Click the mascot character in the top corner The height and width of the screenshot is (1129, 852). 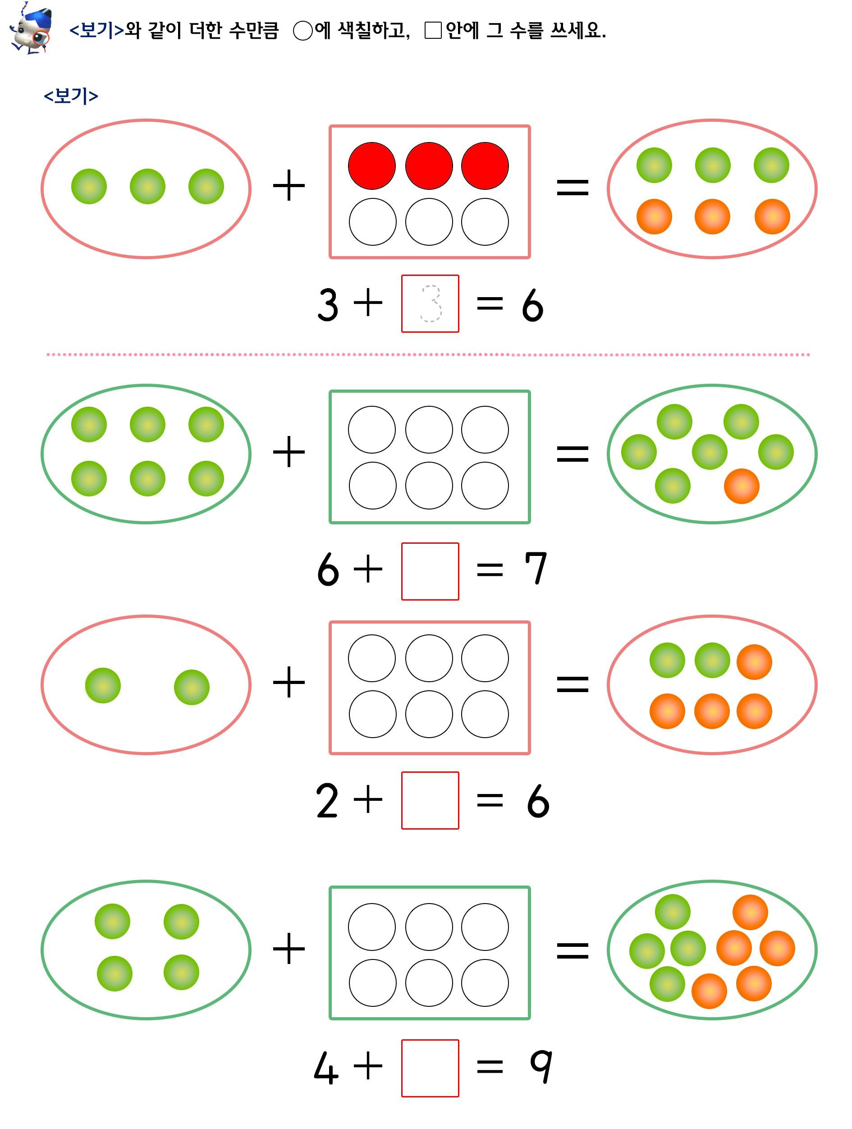tap(31, 28)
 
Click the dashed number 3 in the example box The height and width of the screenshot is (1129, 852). tap(431, 304)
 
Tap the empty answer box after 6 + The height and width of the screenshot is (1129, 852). tap(430, 571)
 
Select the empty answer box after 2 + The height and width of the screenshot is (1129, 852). tap(430, 800)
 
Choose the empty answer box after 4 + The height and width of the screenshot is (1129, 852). tap(430, 1068)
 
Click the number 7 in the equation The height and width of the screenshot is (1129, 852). tap(536, 568)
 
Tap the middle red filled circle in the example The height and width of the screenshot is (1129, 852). tap(429, 166)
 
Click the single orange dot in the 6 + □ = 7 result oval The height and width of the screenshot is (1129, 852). tap(741, 486)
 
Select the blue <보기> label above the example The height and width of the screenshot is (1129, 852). tap(71, 96)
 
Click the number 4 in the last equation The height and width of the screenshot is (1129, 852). tap(326, 1068)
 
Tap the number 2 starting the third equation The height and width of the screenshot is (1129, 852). tap(327, 800)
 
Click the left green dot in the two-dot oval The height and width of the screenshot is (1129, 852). tap(102, 685)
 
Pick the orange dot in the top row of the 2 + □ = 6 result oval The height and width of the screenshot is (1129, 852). tap(754, 662)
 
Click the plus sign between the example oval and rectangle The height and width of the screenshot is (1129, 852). tap(289, 186)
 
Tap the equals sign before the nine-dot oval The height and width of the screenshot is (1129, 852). tap(573, 951)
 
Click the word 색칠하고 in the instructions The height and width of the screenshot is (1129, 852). tap(374, 31)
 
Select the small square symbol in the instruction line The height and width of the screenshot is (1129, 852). tap(433, 30)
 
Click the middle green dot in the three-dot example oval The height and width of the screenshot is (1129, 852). tap(147, 186)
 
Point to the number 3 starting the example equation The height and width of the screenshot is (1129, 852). tap(328, 305)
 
